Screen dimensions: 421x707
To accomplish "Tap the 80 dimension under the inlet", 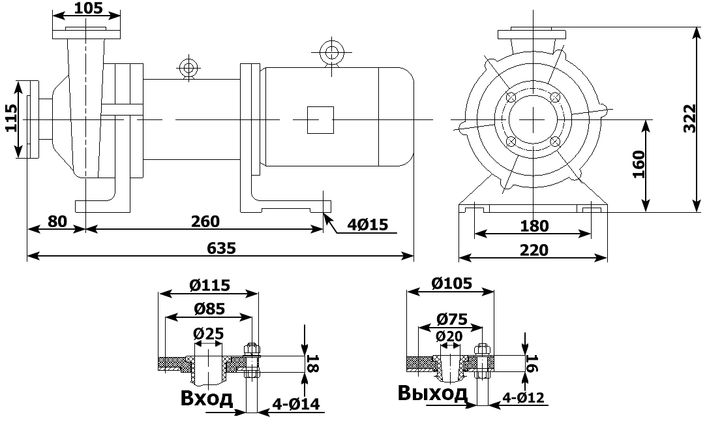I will [57, 221].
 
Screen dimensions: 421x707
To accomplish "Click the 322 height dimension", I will [690, 119].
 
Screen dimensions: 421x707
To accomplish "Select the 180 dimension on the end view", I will [535, 226].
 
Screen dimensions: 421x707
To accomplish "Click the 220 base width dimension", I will [535, 249].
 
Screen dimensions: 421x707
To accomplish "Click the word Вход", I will [206, 398].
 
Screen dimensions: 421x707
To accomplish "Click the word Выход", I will [432, 394].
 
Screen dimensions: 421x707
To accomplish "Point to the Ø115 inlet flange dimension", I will [210, 285].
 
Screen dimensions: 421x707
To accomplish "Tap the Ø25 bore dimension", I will [209, 334].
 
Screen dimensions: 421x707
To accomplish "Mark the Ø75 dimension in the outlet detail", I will [451, 319].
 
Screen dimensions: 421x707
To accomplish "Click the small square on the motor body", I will [320, 119].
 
